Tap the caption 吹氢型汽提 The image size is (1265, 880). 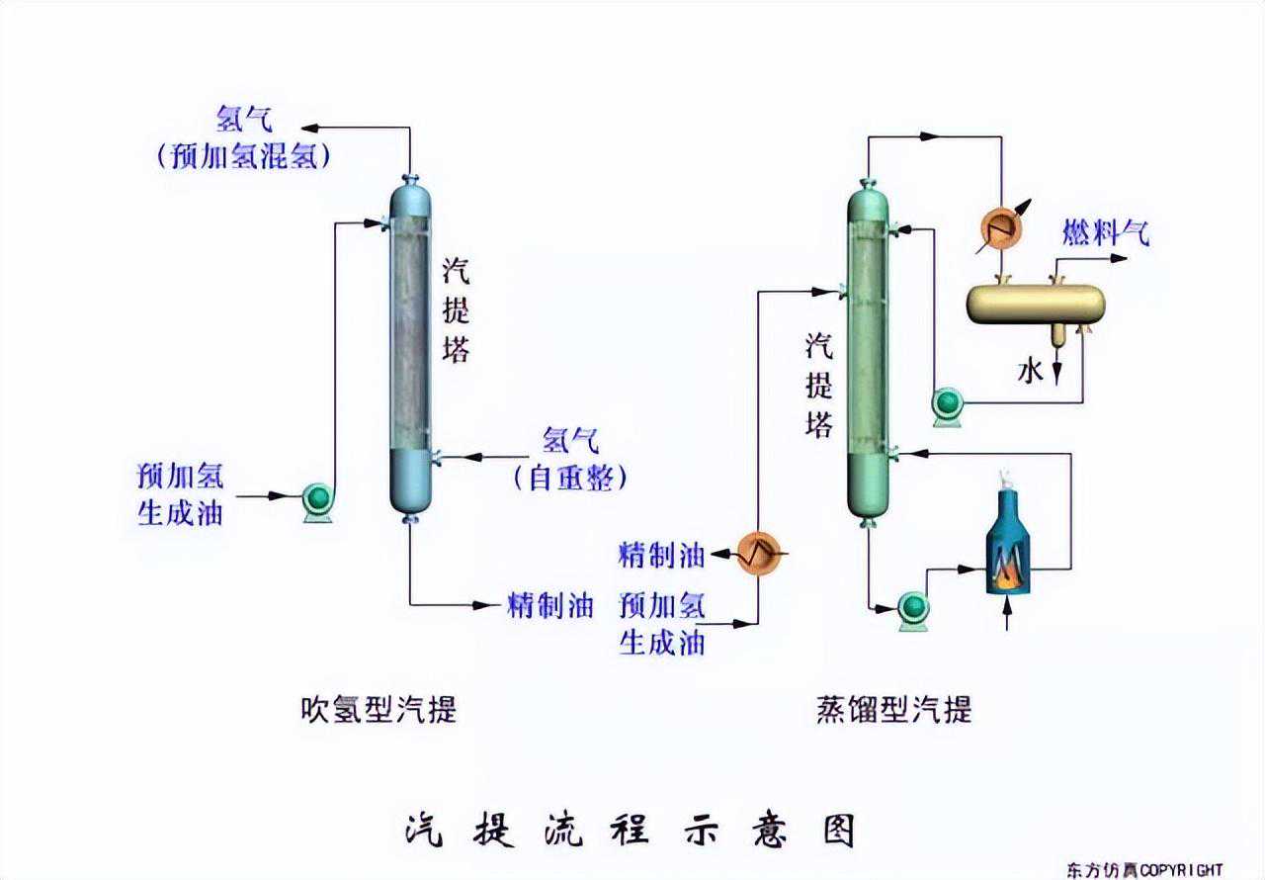(x=379, y=709)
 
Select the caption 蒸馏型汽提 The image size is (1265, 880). (x=893, y=709)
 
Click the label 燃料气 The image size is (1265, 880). (x=1106, y=234)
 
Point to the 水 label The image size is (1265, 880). (x=1031, y=371)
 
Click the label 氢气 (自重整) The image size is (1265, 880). (x=571, y=459)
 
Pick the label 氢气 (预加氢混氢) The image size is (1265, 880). (x=243, y=138)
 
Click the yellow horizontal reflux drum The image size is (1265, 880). (x=1034, y=304)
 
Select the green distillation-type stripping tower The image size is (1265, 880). (x=869, y=351)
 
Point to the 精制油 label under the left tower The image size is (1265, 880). (x=549, y=605)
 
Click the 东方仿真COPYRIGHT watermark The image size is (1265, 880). (x=1144, y=869)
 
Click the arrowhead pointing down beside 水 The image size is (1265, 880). (x=1057, y=375)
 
